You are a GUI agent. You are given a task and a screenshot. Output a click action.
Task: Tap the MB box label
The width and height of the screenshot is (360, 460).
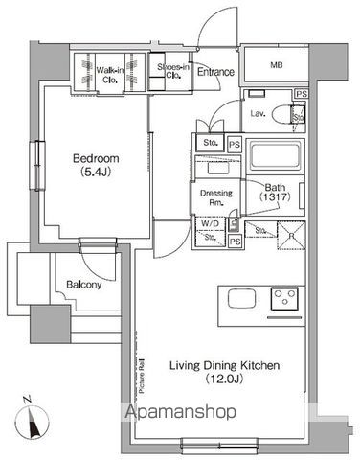tap(276, 65)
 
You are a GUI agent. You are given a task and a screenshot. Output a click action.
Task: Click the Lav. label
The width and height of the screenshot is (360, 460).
tap(258, 114)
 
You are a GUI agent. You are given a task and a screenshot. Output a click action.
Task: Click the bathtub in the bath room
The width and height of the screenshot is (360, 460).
tap(276, 156)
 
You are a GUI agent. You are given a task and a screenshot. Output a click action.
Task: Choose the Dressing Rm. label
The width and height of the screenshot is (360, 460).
tap(212, 196)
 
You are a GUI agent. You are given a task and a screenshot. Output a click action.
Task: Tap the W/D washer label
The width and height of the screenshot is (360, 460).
tap(209, 224)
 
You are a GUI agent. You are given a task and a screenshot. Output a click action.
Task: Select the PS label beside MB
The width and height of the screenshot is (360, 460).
tap(301, 94)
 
